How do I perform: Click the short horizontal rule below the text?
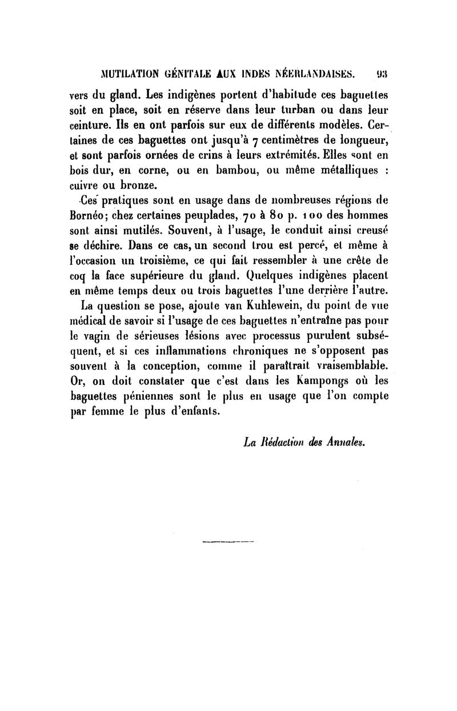click(228, 539)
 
